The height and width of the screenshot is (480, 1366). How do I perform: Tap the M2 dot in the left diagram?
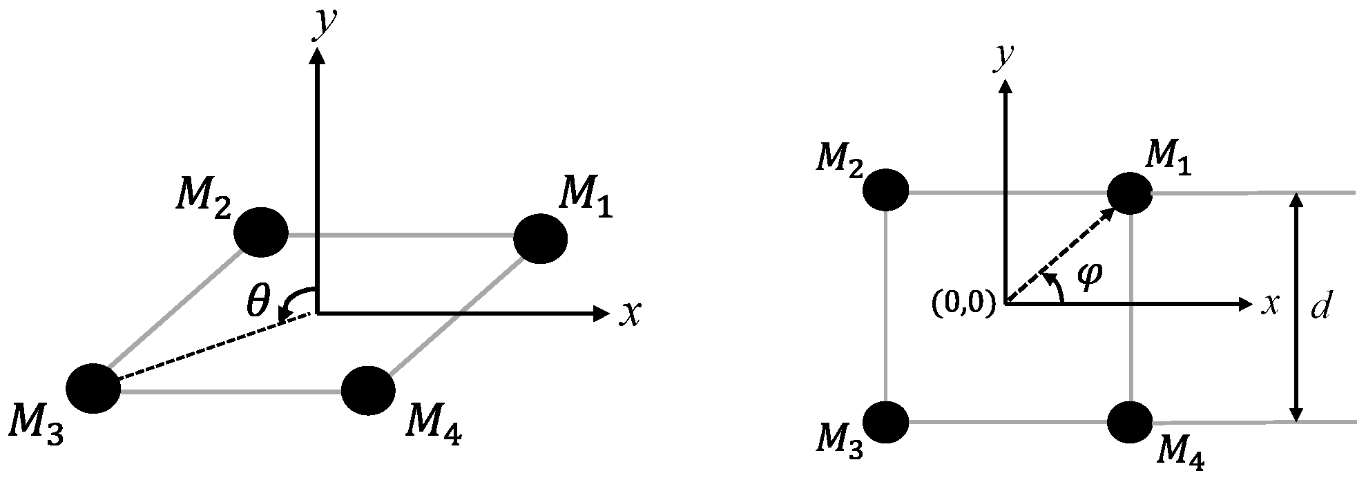coord(261,232)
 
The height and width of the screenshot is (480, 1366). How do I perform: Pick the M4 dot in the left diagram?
coord(369,390)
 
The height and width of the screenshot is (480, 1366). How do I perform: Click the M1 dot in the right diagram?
coord(1130,193)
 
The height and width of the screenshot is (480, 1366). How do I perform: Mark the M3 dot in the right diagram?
coord(886,422)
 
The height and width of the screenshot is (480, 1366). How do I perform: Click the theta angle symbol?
coord(257,303)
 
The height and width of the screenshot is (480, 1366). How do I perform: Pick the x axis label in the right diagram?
coord(1269,305)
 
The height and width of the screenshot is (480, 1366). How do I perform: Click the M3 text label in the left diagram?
coord(39,433)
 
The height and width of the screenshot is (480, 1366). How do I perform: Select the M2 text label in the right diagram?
coord(838,160)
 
